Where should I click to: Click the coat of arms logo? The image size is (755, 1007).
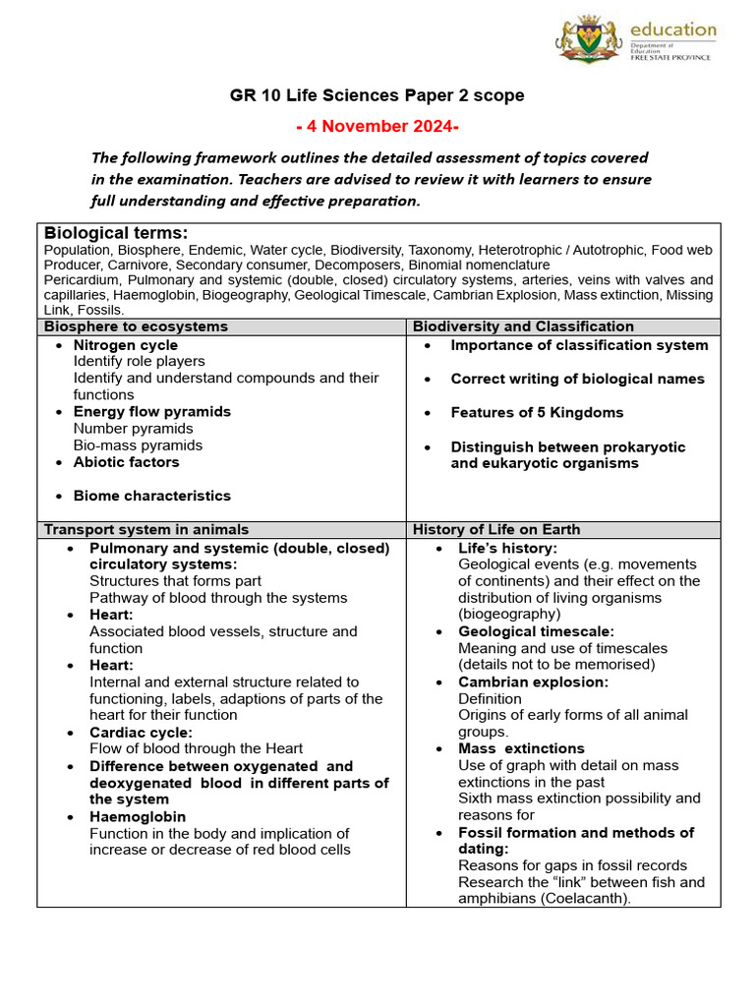click(x=590, y=40)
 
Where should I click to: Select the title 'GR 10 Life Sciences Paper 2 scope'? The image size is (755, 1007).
click(x=377, y=95)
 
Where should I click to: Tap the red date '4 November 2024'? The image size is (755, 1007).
click(x=377, y=126)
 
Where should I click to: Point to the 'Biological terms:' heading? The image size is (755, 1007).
click(x=116, y=233)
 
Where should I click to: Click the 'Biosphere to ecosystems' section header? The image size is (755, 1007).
click(x=136, y=326)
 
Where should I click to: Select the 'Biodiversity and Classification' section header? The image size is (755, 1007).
click(x=523, y=326)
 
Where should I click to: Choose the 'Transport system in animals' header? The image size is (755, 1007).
click(x=146, y=529)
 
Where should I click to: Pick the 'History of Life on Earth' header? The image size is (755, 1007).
click(x=496, y=529)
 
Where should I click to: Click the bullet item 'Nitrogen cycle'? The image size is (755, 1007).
click(x=126, y=345)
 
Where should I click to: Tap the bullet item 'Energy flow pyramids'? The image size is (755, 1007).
click(x=152, y=411)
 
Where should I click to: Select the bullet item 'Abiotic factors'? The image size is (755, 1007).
click(x=127, y=462)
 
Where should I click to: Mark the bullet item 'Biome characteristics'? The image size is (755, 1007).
click(x=152, y=496)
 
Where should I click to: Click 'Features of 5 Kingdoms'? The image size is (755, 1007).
click(x=537, y=412)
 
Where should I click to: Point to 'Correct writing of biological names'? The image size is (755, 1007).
click(x=577, y=379)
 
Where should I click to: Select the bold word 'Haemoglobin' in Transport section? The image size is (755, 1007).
click(x=138, y=816)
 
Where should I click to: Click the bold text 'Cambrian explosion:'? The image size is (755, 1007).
click(x=533, y=681)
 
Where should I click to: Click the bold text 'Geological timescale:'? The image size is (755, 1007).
click(x=536, y=631)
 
